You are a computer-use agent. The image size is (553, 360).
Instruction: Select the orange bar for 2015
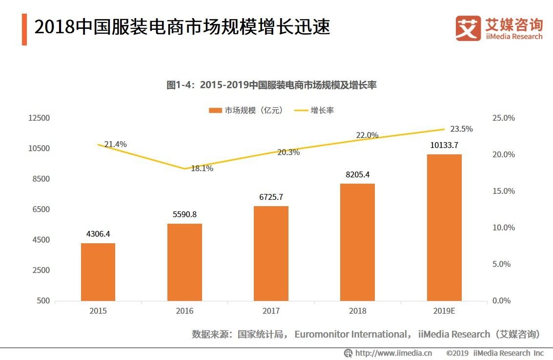(98, 272)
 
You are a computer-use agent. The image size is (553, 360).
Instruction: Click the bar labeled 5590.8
(184, 262)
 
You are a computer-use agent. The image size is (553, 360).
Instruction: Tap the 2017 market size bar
(271, 253)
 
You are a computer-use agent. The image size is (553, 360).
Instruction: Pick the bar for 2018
(357, 242)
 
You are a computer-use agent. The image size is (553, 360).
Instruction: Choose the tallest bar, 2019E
(444, 227)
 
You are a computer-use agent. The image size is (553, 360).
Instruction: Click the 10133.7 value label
(444, 145)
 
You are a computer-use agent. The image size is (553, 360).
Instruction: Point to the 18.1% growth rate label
(202, 169)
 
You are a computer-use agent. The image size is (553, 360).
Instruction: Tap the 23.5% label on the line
(461, 129)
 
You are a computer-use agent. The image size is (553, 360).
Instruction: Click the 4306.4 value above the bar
(98, 234)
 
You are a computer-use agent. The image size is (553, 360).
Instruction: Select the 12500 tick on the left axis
(40, 118)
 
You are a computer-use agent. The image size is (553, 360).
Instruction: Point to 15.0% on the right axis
(503, 191)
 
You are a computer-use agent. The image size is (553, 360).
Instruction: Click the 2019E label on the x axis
(444, 311)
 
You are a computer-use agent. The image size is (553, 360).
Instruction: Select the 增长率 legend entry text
(322, 110)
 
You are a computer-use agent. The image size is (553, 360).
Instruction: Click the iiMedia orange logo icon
(468, 28)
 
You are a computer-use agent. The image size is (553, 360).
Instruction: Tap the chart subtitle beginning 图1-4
(271, 85)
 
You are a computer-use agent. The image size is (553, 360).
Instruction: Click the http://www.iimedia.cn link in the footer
(393, 353)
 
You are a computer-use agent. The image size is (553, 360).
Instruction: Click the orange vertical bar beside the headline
(24, 29)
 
